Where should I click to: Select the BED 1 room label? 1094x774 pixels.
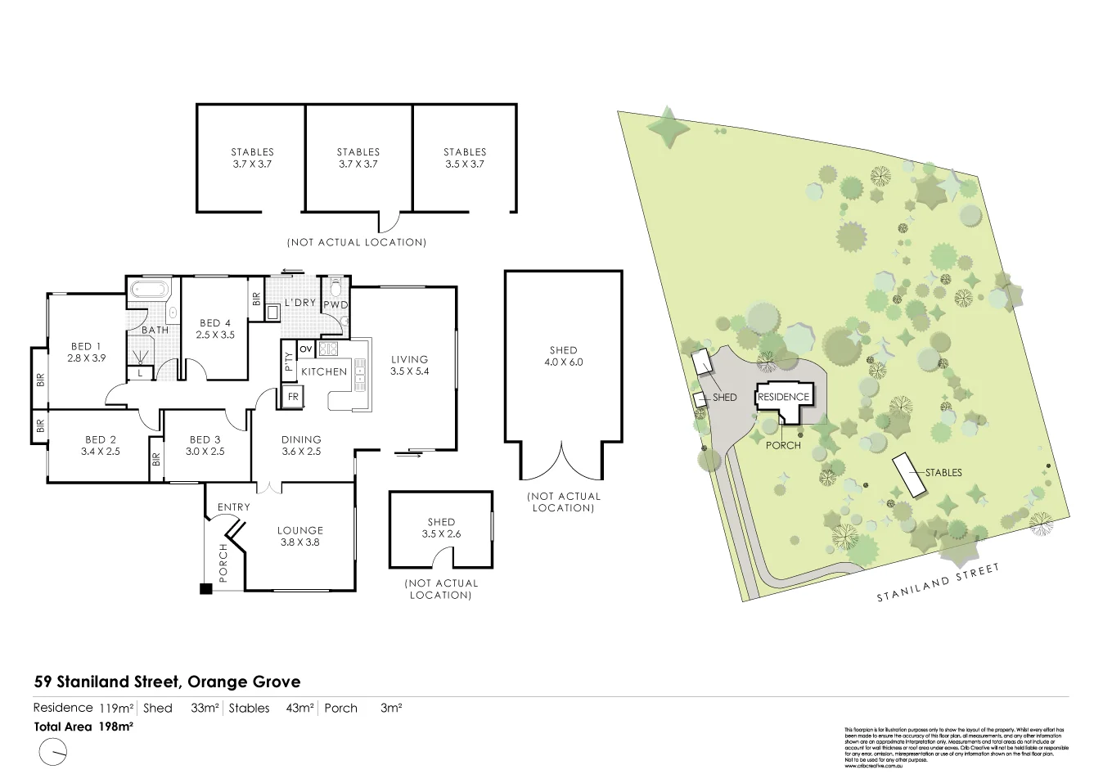(85, 346)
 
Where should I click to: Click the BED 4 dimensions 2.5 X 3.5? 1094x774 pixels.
(216, 335)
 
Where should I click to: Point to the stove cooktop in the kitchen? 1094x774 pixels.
(328, 350)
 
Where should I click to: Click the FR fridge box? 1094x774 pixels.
(291, 397)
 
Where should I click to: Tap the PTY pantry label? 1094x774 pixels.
(288, 362)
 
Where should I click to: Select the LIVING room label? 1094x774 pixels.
(409, 359)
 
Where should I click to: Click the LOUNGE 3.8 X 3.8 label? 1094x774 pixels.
(300, 536)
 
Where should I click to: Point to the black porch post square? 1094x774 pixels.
(205, 587)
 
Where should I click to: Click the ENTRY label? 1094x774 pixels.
(233, 507)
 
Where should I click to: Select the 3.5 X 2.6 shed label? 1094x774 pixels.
(441, 533)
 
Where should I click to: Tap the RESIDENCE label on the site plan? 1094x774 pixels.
(783, 397)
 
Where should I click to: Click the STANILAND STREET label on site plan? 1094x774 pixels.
(939, 583)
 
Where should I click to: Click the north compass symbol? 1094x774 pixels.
(52, 750)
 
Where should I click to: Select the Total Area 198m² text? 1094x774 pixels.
(84, 726)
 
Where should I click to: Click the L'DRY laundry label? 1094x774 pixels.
(300, 303)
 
